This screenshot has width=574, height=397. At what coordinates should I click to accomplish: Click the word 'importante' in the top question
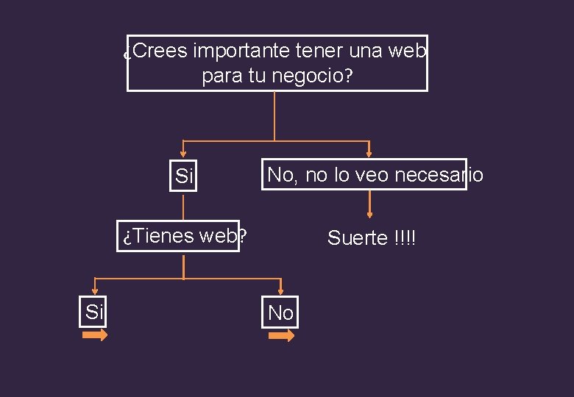(x=241, y=51)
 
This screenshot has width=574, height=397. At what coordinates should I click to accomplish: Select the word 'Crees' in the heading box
(x=162, y=51)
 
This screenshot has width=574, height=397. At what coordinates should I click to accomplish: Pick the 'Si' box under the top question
(x=184, y=176)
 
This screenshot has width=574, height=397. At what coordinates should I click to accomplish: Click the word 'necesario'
(x=439, y=175)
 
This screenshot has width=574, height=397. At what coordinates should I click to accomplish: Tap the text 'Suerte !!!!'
(x=372, y=238)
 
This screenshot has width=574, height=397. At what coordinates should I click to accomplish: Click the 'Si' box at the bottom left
(x=93, y=312)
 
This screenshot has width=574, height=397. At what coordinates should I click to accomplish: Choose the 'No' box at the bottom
(x=281, y=313)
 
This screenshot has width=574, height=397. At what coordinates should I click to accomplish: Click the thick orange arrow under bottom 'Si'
(x=94, y=335)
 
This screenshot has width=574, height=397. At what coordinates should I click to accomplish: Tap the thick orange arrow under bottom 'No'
(x=281, y=336)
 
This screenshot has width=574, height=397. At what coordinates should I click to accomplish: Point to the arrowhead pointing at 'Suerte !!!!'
(x=369, y=214)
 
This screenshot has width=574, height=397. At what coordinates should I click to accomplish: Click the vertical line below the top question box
(x=274, y=115)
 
